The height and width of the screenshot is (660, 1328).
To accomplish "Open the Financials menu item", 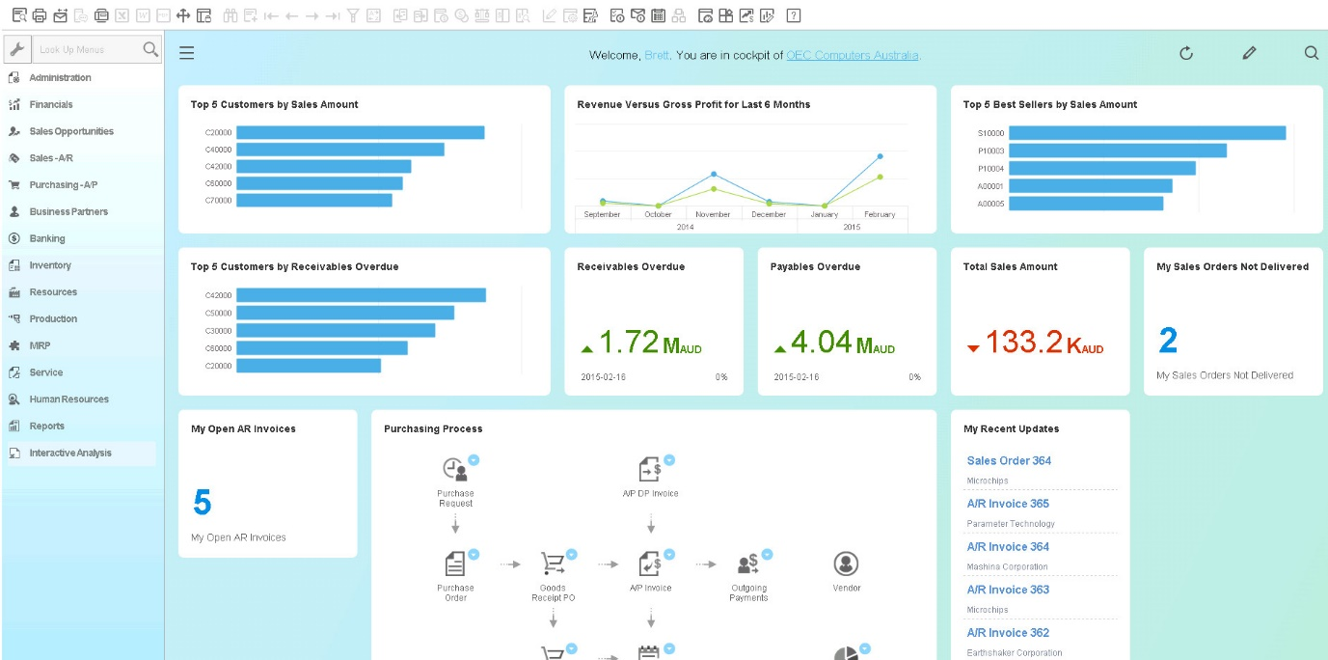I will pyautogui.click(x=50, y=104).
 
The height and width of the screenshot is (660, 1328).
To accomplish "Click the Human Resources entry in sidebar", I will pyautogui.click(x=68, y=399).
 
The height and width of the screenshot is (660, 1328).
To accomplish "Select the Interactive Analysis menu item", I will pyautogui.click(x=69, y=453).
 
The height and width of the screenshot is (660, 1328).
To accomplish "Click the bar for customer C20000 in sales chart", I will pyautogui.click(x=360, y=132).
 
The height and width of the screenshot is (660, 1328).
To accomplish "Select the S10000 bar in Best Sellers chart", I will pyautogui.click(x=1147, y=133).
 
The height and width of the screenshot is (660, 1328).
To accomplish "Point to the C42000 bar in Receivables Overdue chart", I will pyautogui.click(x=361, y=295).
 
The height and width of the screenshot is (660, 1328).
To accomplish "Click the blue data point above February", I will pyautogui.click(x=880, y=155).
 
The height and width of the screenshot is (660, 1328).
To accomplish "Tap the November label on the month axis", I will pyautogui.click(x=713, y=214).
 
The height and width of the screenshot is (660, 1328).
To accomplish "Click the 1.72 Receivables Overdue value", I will pyautogui.click(x=629, y=342).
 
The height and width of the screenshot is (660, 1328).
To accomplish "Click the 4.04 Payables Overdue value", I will pyautogui.click(x=822, y=342).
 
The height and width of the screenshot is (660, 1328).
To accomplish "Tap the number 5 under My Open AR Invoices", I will pyautogui.click(x=202, y=503).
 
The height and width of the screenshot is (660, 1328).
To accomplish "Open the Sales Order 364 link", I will pyautogui.click(x=1009, y=460).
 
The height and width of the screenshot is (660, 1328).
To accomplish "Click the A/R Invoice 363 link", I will pyautogui.click(x=1008, y=590).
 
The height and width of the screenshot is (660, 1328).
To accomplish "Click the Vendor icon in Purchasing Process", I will pyautogui.click(x=846, y=564).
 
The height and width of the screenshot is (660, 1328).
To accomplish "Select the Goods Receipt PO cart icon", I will pyautogui.click(x=552, y=564).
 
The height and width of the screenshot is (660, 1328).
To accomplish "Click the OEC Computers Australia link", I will pyautogui.click(x=852, y=55).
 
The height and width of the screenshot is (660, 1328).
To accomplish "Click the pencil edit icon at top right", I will pyautogui.click(x=1249, y=54).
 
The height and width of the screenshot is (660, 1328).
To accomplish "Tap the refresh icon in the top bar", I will pyautogui.click(x=1186, y=54).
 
